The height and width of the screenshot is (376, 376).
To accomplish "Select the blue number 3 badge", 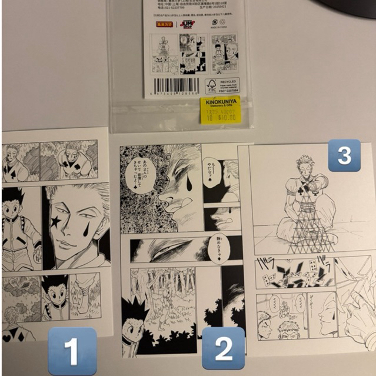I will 344,155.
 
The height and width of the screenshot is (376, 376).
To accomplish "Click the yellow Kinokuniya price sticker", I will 221,111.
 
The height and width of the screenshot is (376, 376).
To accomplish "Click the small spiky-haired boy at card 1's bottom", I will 55,294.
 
